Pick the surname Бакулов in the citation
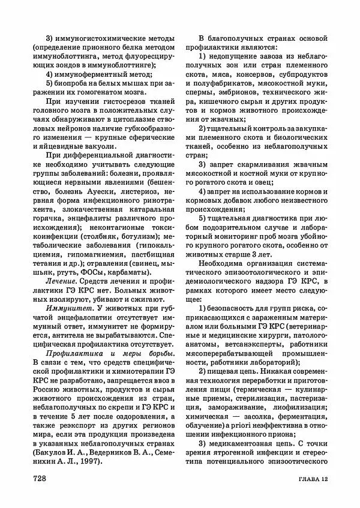[x=55, y=452]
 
